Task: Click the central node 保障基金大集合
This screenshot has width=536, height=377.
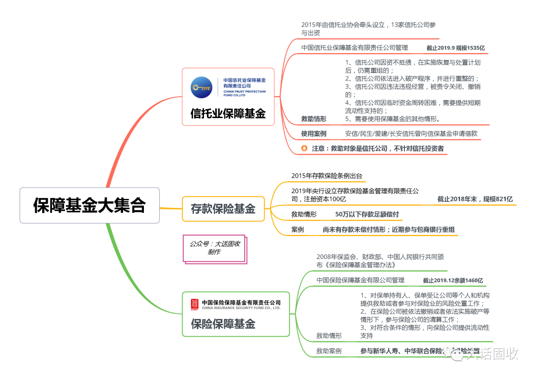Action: tap(89, 205)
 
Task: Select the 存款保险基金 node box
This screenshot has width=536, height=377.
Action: tap(223, 209)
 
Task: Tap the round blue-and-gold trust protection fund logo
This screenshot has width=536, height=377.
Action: tap(201, 87)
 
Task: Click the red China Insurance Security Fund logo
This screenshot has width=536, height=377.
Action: tap(195, 304)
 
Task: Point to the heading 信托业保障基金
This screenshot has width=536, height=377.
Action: tap(228, 114)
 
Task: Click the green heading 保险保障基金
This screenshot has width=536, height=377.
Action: tap(223, 324)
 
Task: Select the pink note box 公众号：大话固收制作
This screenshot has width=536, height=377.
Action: tap(214, 248)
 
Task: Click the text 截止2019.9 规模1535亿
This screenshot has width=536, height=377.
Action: tap(455, 48)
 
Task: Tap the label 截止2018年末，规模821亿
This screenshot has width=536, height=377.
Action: tap(474, 199)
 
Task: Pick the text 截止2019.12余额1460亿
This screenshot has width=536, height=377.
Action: tap(453, 280)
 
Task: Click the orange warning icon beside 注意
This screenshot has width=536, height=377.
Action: tap(305, 148)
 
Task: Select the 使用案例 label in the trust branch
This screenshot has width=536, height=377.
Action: tap(314, 133)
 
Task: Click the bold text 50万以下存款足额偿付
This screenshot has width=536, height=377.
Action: tap(367, 214)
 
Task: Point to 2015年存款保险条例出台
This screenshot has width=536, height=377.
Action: tap(327, 176)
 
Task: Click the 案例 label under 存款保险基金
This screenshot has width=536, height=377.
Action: tap(298, 230)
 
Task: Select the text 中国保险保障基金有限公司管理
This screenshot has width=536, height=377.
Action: tap(360, 280)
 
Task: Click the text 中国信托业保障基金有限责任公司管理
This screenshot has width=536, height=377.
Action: tap(354, 48)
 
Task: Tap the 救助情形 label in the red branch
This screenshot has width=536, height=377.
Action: tap(314, 119)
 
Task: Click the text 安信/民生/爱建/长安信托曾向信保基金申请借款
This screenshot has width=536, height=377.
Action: tap(411, 133)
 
